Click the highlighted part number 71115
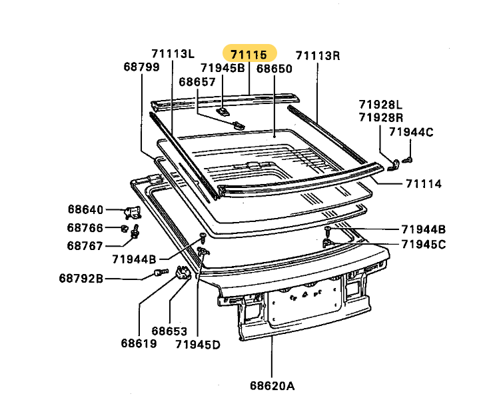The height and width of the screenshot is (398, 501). [x=249, y=55]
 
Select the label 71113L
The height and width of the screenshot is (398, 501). [x=173, y=53]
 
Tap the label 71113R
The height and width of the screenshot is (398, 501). [x=318, y=55]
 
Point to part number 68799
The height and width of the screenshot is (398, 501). [x=141, y=67]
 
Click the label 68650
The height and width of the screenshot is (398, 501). [x=274, y=69]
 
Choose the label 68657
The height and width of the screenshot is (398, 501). [x=197, y=82]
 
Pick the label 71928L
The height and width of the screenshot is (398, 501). [x=380, y=105]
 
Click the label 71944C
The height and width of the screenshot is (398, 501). [x=411, y=132]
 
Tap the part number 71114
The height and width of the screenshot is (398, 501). [x=424, y=184]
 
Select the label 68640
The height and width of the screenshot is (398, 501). [x=86, y=210]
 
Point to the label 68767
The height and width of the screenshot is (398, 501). [x=85, y=246]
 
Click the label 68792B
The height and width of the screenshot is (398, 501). [x=81, y=279]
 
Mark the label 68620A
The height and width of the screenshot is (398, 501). [x=272, y=386]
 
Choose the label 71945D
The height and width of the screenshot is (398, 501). [x=198, y=345]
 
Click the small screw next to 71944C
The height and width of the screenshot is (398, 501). [x=407, y=159]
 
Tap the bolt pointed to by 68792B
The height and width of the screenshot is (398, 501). [x=161, y=272]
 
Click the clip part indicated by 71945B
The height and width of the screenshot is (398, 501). [x=223, y=111]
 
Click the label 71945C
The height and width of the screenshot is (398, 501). [x=424, y=245]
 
